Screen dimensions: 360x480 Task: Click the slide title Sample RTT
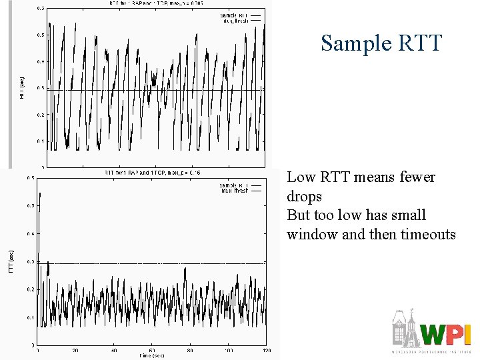(381, 43)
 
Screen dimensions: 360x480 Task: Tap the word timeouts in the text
(428, 235)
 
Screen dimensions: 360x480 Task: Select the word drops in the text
(304, 197)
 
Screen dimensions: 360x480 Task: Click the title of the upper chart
(153, 3)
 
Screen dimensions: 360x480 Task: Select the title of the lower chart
(153, 173)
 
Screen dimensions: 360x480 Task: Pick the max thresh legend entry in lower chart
(235, 191)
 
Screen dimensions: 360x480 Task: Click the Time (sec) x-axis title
(153, 355)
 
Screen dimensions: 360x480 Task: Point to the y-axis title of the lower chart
(11, 261)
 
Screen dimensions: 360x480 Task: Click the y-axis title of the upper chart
(22, 88)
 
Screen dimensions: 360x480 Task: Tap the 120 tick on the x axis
(267, 350)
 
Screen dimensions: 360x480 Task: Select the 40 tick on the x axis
(114, 350)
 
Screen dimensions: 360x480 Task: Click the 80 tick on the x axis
(191, 350)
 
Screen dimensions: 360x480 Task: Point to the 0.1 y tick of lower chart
(31, 317)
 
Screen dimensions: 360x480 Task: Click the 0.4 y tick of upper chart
(41, 61)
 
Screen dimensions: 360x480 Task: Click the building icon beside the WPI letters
(405, 329)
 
